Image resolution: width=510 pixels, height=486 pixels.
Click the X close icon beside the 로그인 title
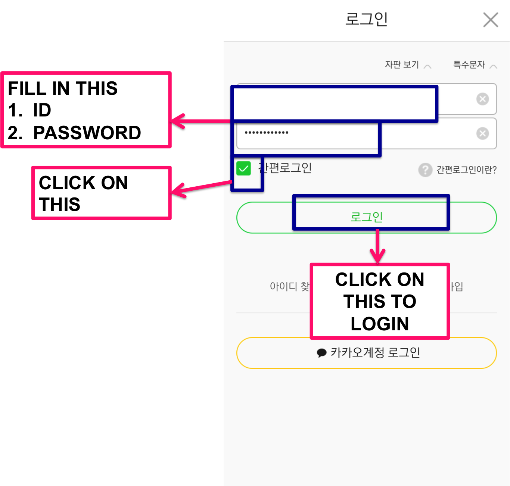tap(491, 20)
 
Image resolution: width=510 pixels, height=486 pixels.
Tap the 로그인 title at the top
tap(366, 19)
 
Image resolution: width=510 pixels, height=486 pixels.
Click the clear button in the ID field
tap(482, 99)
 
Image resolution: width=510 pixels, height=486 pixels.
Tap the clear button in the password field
tap(482, 133)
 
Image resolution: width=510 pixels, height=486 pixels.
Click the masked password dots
tap(266, 133)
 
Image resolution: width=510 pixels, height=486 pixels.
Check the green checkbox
tap(243, 169)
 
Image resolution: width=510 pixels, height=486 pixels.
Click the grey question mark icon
tap(425, 170)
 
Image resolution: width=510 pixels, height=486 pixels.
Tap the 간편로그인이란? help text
tap(466, 170)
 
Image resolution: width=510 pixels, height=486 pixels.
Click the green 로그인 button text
tap(366, 217)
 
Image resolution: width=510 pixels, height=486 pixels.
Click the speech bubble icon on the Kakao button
tap(321, 353)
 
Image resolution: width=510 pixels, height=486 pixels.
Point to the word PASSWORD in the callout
tap(87, 133)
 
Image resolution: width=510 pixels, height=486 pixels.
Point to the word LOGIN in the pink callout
tap(380, 324)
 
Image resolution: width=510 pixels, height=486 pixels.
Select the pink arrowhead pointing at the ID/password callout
tap(178, 121)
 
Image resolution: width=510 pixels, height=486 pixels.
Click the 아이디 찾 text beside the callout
tap(289, 286)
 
